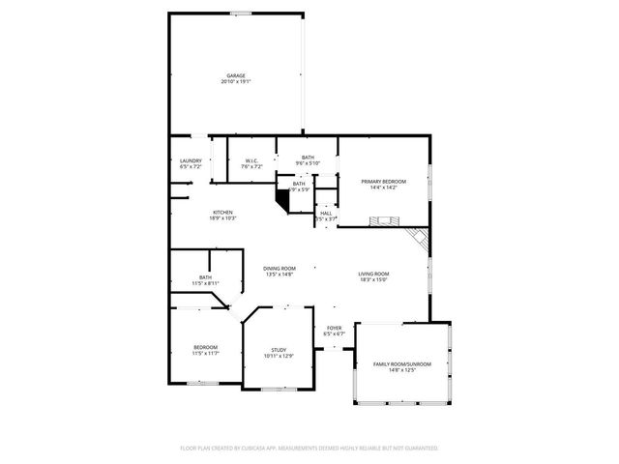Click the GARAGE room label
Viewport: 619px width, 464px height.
[x=235, y=75]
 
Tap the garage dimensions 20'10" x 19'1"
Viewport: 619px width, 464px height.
[x=235, y=82]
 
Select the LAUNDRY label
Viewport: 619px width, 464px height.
[x=191, y=160]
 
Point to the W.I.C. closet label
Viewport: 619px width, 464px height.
[x=251, y=160]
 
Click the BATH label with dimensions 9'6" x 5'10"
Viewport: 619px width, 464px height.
[x=308, y=158]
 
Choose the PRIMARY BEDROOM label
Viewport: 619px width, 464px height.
[x=383, y=182]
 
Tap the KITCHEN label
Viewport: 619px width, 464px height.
[x=223, y=212]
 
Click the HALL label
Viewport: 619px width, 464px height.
[x=326, y=214]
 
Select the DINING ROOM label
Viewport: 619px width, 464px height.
[x=280, y=268]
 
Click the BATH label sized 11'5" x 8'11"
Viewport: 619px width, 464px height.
[x=205, y=277]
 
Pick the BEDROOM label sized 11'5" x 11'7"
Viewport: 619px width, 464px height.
[x=205, y=347]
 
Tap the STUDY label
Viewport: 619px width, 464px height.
[x=279, y=350]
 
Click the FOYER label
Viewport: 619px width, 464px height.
[x=334, y=329]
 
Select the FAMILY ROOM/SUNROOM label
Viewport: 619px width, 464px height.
[x=401, y=363]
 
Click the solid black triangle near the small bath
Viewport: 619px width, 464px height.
[x=282, y=197]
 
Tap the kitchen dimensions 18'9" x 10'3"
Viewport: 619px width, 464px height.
[x=223, y=218]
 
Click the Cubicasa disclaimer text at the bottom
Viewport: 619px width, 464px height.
[x=309, y=448]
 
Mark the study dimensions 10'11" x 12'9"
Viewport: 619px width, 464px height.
[x=279, y=357]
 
